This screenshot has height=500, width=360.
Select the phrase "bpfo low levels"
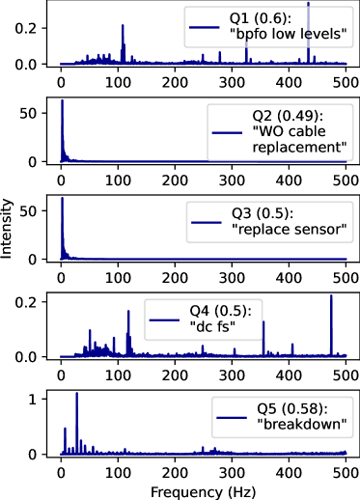[x=288, y=35]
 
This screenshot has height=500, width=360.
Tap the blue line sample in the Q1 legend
[x=205, y=27]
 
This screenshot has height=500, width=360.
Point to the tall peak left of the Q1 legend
[x=123, y=43]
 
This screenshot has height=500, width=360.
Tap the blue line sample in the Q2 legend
[x=226, y=132]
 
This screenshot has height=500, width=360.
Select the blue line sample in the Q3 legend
[x=207, y=222]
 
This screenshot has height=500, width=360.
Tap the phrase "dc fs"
[x=213, y=327]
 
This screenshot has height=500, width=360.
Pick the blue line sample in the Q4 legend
[x=164, y=319]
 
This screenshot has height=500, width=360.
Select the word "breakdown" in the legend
[x=299, y=425]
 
